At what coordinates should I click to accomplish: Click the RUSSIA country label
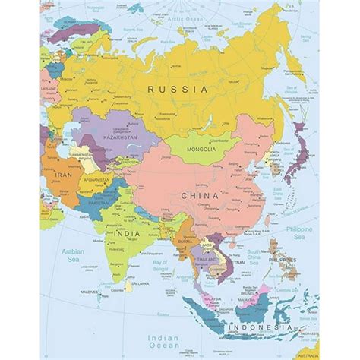(178, 90)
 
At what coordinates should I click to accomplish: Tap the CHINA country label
(199, 195)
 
